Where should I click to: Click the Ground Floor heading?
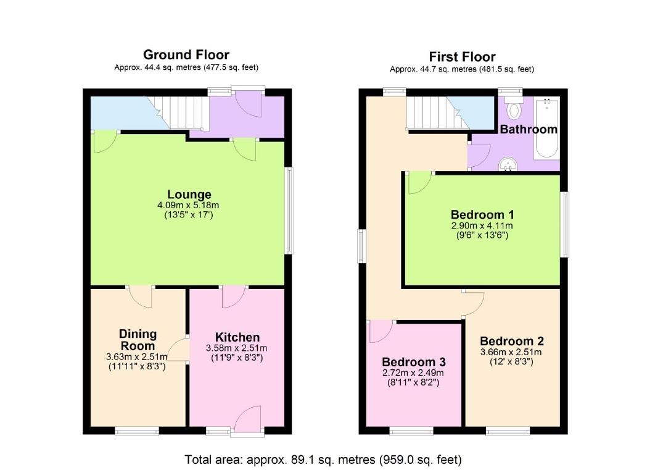click(186, 55)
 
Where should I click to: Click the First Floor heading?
click(462, 57)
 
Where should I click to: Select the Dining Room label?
click(138, 340)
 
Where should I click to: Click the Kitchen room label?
click(237, 337)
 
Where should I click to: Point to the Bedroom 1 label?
click(482, 215)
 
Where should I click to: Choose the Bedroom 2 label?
click(511, 341)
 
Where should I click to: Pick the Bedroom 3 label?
click(413, 362)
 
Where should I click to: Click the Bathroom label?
click(528, 129)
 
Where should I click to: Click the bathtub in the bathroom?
click(546, 130)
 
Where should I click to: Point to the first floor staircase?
click(435, 113)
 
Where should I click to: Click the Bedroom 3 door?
click(381, 332)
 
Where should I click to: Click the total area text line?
click(323, 460)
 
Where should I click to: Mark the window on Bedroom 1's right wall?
click(564, 224)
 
